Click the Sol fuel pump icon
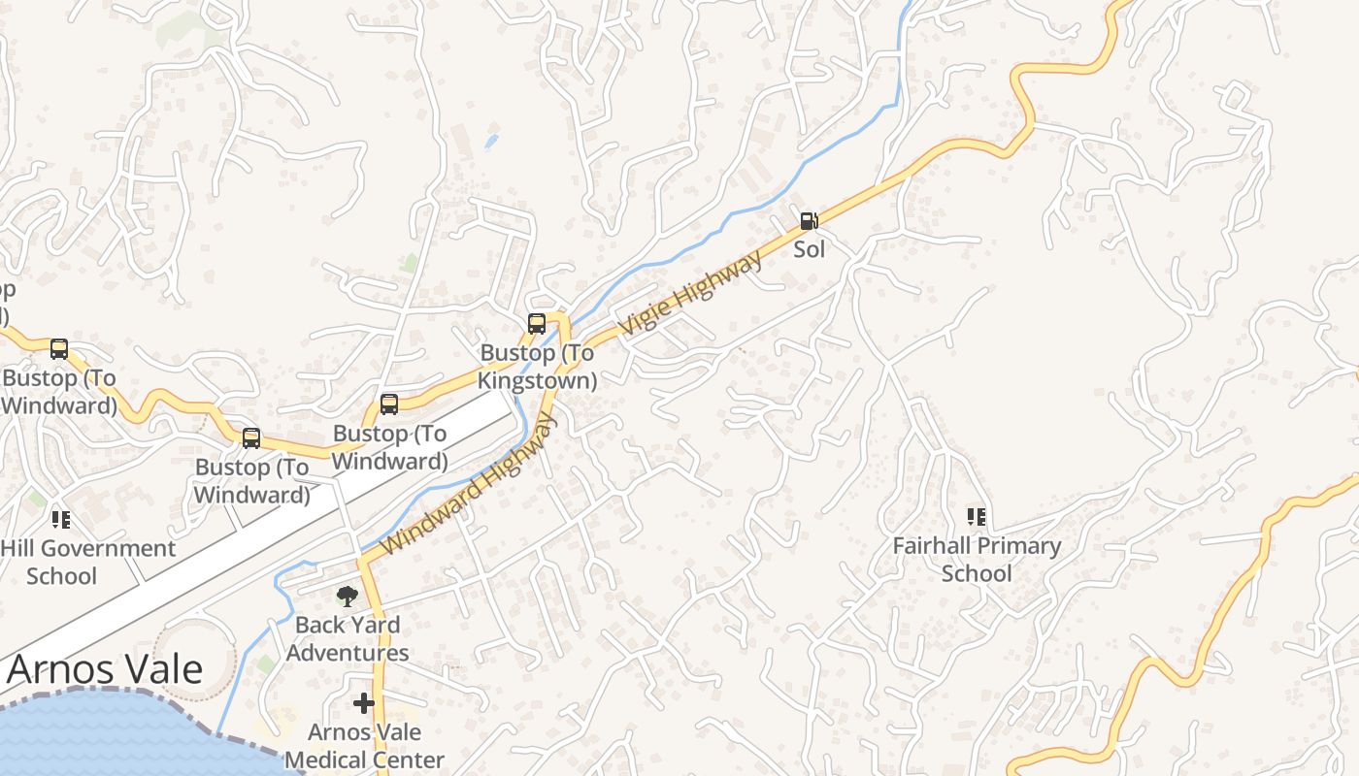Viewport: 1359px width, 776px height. click(x=809, y=221)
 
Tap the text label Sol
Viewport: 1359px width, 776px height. click(x=809, y=249)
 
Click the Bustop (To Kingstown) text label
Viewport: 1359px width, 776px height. click(x=537, y=367)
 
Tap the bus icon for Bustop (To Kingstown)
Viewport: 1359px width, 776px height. click(x=537, y=324)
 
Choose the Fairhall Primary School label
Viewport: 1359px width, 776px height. click(x=977, y=560)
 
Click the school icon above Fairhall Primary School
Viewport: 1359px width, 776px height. click(x=977, y=517)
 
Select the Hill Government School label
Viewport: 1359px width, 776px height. click(x=87, y=562)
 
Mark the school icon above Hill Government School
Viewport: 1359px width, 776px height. click(x=61, y=520)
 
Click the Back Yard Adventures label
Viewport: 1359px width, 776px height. click(x=347, y=638)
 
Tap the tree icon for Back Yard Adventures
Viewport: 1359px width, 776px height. click(x=347, y=596)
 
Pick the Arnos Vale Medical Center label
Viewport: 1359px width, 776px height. click(x=364, y=746)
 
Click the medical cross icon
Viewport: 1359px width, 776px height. click(x=364, y=703)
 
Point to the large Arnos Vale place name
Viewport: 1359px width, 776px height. click(x=105, y=669)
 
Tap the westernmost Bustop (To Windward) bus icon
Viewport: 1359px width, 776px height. click(x=59, y=349)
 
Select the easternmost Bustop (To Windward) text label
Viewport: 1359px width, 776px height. click(x=390, y=447)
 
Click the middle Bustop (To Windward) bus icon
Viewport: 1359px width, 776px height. click(x=251, y=438)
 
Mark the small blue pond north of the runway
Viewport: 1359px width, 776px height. click(x=491, y=142)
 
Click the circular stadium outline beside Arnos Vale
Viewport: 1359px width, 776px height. click(x=194, y=659)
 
